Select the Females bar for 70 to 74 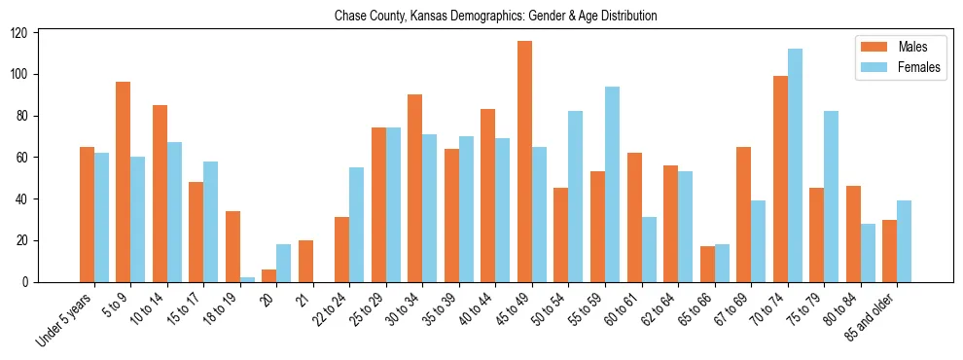click(x=795, y=165)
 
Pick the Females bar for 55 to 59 click(x=612, y=185)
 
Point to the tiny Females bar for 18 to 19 click(x=247, y=279)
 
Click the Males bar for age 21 click(x=305, y=261)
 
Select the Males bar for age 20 click(x=269, y=275)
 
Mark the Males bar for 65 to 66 click(x=707, y=264)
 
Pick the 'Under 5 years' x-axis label click(x=65, y=318)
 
